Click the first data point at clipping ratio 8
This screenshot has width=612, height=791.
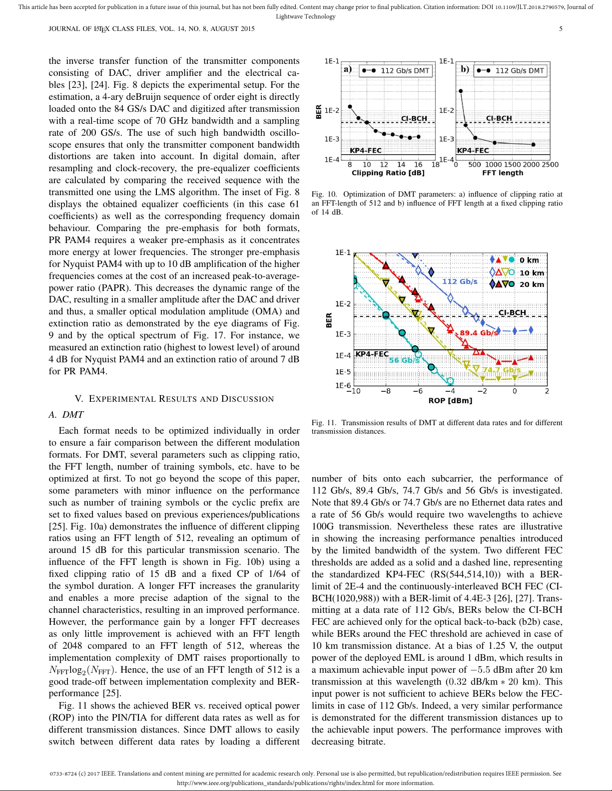(350, 106)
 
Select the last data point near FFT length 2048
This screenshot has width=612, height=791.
(533, 145)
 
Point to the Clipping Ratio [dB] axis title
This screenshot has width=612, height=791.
(388, 173)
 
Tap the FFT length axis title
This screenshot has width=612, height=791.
(502, 173)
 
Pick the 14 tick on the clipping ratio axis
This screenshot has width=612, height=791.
(401, 165)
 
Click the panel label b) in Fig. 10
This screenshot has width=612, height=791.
(465, 69)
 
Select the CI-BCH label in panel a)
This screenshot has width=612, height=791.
(414, 118)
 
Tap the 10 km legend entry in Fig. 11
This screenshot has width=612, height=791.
(532, 273)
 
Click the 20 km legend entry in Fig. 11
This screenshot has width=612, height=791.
(532, 284)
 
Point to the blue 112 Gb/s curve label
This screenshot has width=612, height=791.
(459, 281)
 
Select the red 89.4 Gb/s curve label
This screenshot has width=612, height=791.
(479, 333)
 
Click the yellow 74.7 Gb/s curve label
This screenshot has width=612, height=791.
(502, 370)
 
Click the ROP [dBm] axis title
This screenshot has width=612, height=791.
(450, 401)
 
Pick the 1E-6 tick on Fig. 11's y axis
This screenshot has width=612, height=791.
(343, 385)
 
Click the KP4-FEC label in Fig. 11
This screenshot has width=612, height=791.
(372, 354)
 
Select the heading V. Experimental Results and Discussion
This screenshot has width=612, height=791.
(174, 399)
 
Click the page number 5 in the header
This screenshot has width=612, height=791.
(561, 29)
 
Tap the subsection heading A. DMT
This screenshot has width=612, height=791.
(66, 415)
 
